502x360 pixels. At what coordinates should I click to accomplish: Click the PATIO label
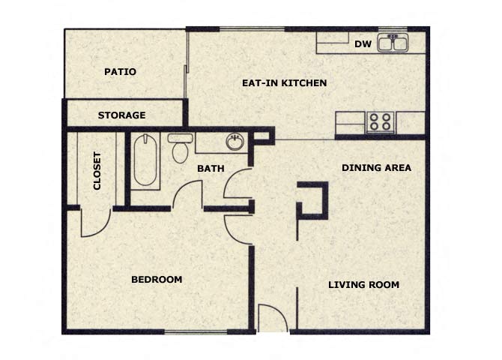pos(120,72)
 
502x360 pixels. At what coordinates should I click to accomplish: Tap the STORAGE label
pos(121,115)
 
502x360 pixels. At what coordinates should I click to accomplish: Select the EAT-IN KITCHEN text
pos(284,82)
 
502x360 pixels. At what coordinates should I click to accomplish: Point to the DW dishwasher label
pos(363,44)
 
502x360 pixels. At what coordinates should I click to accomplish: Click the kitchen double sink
pos(393,43)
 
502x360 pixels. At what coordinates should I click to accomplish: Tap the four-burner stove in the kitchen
pos(380,121)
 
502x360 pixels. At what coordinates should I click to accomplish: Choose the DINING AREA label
pos(376,167)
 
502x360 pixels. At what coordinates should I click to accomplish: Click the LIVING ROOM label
pos(363,285)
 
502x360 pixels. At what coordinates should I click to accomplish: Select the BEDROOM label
pos(157,280)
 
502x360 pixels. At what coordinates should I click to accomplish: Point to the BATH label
pos(211,169)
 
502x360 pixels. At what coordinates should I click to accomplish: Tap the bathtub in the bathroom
pos(146,159)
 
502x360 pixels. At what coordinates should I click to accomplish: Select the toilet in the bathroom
pos(180,148)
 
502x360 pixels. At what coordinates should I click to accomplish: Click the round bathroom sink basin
pos(235,142)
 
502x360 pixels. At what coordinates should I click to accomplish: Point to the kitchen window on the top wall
pos(252,29)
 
